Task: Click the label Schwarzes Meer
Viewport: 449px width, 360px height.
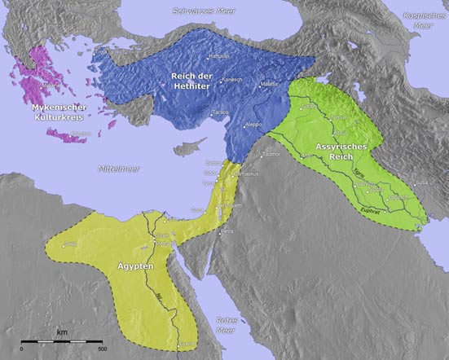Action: click(202, 11)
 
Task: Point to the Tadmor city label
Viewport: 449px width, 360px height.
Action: click(270, 153)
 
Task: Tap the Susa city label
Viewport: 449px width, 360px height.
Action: click(398, 197)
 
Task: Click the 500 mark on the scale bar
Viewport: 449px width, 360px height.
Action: click(101, 349)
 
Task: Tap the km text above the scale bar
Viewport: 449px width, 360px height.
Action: click(61, 331)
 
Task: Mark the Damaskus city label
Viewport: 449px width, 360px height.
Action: click(222, 175)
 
